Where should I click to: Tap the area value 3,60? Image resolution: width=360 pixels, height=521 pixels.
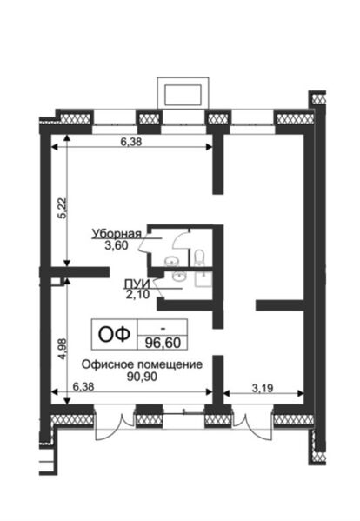coord(116,245)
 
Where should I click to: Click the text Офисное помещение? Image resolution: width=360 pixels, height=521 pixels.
coord(143,364)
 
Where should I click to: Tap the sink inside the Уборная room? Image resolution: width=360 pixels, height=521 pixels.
coord(171,260)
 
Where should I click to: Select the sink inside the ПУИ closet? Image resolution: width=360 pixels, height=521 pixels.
coord(180,277)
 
